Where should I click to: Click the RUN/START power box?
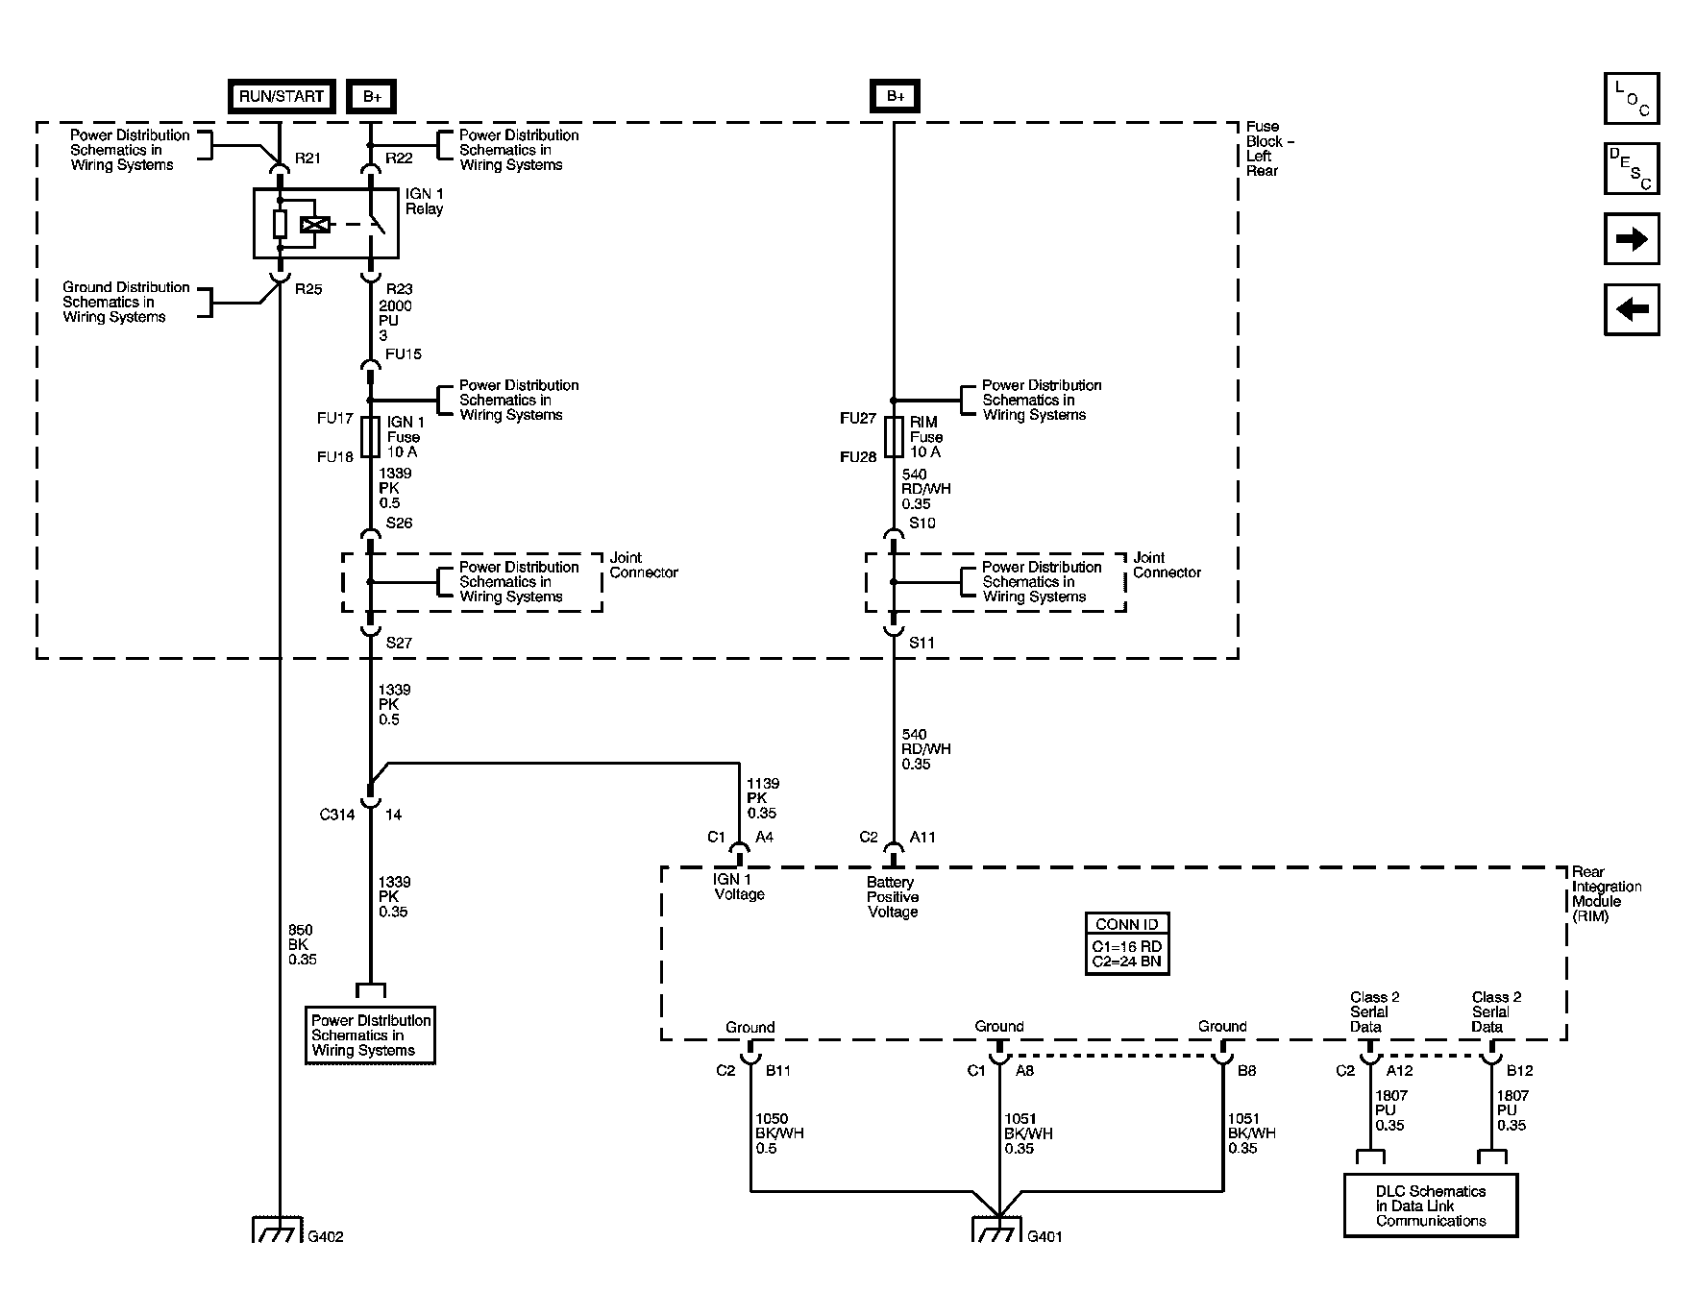point(282,96)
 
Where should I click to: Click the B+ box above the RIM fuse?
point(895,96)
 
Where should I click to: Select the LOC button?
point(1632,99)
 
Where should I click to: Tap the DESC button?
point(1632,169)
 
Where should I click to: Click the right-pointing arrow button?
point(1632,239)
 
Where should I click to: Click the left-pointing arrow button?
point(1632,309)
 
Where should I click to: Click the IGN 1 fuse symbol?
point(370,437)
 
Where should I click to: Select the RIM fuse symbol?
point(894,437)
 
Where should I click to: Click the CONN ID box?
point(1127,944)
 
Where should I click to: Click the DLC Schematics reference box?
point(1430,1205)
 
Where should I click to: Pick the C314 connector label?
point(337,815)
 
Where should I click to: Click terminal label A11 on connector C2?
point(922,837)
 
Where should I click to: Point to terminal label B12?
point(1519,1070)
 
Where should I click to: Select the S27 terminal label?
point(399,643)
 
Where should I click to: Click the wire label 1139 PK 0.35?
point(763,798)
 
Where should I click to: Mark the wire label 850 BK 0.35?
point(302,944)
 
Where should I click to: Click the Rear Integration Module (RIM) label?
point(1606,894)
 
